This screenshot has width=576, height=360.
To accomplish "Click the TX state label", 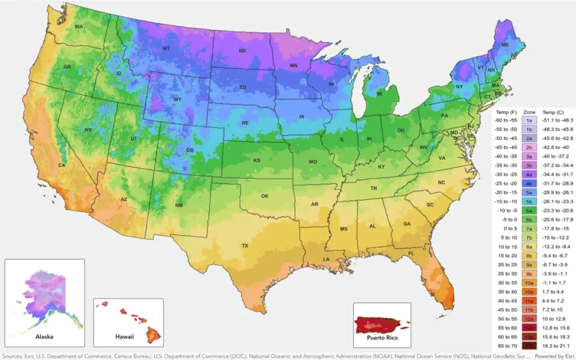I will click(x=245, y=246).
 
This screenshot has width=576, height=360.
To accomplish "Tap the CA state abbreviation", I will click(x=62, y=165).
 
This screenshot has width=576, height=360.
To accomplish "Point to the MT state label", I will click(x=166, y=48).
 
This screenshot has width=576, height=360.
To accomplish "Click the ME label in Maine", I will click(x=505, y=44).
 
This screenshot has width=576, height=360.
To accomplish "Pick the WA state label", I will click(x=79, y=26).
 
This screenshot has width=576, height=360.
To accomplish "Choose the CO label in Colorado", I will click(x=190, y=150).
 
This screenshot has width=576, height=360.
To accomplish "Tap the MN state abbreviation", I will click(x=293, y=66).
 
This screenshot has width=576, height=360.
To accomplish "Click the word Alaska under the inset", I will click(x=44, y=336).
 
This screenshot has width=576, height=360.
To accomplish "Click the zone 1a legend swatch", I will click(x=529, y=120).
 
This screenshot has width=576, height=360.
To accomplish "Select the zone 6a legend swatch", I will click(x=529, y=210).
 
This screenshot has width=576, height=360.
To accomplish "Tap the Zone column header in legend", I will click(x=529, y=112).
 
